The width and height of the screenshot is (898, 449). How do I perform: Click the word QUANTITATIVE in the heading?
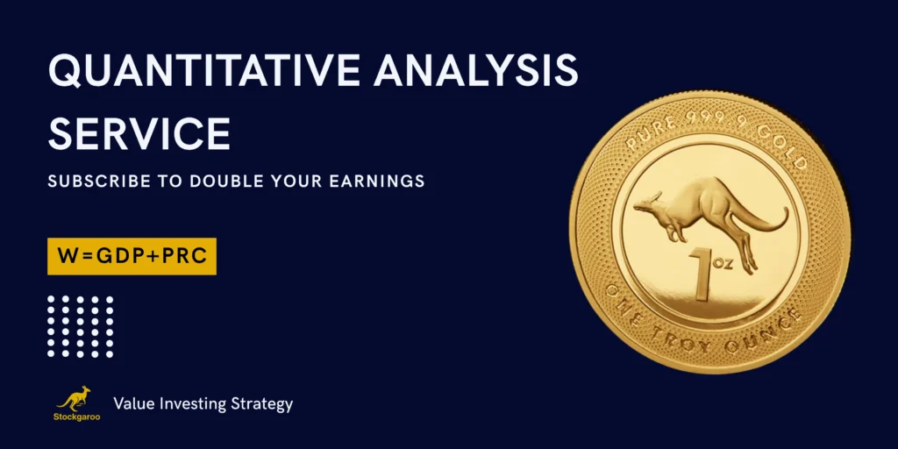[x=204, y=71]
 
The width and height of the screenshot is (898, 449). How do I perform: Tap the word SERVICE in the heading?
[x=139, y=133]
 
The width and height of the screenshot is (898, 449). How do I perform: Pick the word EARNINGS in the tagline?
[x=377, y=182]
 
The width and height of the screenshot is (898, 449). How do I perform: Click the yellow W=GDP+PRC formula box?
[x=132, y=256]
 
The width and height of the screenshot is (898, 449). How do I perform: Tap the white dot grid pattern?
[x=80, y=326]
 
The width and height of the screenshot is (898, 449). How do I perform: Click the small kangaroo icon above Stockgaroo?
[x=75, y=398]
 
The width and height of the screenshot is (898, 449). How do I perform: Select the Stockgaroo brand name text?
[x=77, y=417]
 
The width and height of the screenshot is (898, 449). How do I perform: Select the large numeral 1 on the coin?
[x=702, y=274]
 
